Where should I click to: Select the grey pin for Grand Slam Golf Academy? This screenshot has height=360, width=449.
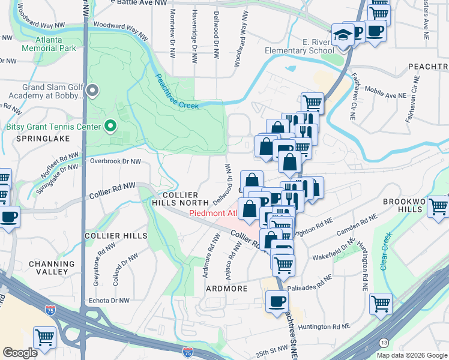click(92, 91)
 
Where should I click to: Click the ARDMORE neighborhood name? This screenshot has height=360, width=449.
click(227, 289)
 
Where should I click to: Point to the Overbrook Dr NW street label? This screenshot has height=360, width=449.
click(115, 161)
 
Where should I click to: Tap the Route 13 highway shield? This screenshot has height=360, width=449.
click(384, 342)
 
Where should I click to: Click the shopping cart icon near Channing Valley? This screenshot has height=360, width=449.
click(44, 338)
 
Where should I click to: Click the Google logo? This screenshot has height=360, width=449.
click(20, 353)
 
